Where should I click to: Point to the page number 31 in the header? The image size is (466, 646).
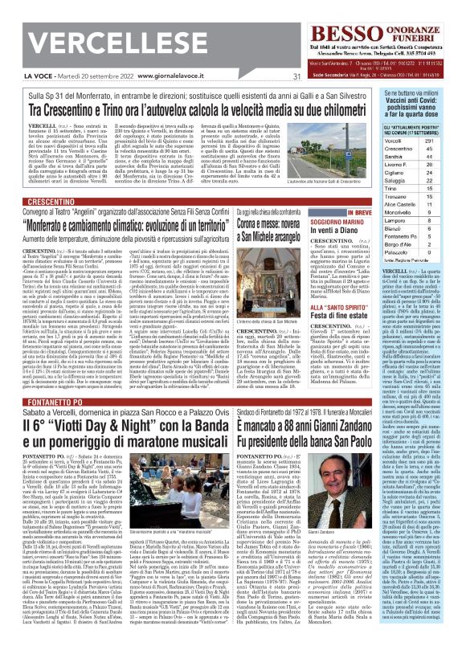tap(296, 76)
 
